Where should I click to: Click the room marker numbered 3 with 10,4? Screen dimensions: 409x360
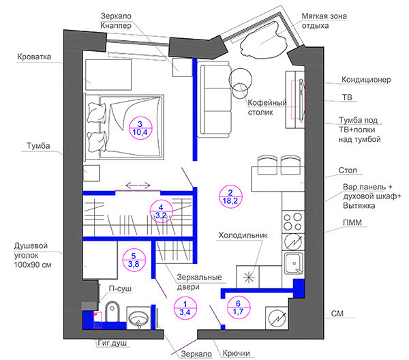(x=140, y=128)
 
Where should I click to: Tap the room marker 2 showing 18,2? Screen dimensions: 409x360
(x=231, y=196)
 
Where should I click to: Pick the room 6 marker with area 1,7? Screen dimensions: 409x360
(x=239, y=307)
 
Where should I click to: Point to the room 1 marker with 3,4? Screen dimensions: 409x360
(x=185, y=308)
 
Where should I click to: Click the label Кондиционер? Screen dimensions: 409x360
(x=366, y=80)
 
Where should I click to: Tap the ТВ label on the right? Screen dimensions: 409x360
(x=347, y=97)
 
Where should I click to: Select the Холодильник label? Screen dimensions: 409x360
(x=243, y=235)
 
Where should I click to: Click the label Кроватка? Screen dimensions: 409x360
(x=34, y=57)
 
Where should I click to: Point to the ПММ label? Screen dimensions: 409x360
(x=352, y=222)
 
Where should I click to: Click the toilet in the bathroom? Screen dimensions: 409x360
(x=112, y=312)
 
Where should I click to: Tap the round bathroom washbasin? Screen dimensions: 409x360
(x=139, y=318)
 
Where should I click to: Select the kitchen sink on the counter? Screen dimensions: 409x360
(x=293, y=263)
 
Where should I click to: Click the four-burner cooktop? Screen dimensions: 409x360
(x=293, y=222)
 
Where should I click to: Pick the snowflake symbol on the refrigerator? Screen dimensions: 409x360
(x=249, y=277)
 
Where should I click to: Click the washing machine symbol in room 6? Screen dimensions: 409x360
(x=277, y=318)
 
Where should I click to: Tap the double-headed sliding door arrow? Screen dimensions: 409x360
(x=138, y=185)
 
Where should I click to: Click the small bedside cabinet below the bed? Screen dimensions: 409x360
(x=91, y=173)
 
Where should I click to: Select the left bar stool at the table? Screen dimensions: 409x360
(x=267, y=165)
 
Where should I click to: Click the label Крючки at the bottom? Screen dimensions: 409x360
(x=237, y=353)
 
